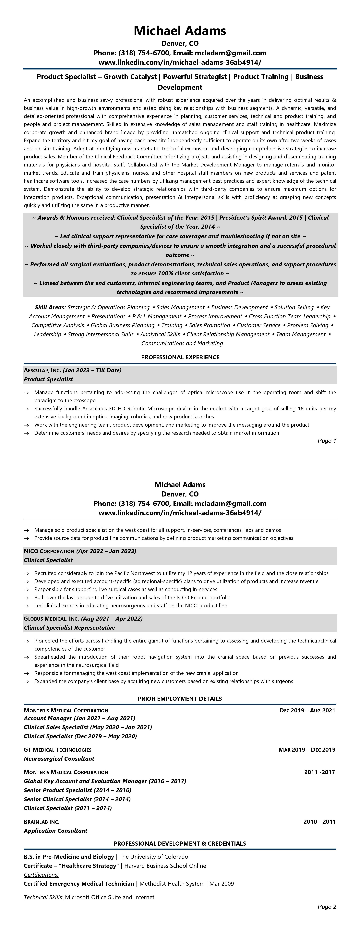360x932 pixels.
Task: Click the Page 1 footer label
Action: point(327,441)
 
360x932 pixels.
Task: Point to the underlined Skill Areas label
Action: point(50,307)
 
